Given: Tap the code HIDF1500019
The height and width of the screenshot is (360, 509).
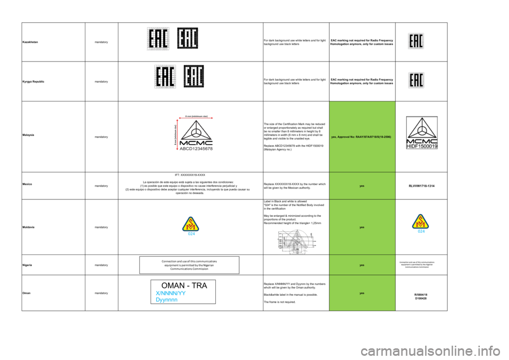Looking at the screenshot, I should pyautogui.click(x=422, y=146).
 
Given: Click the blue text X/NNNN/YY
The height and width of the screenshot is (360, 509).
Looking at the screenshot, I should pyautogui.click(x=171, y=293).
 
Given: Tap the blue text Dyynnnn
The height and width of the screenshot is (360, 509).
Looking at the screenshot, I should pyautogui.click(x=166, y=300).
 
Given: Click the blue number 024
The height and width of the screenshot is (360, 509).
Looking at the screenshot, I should pyautogui.click(x=422, y=232).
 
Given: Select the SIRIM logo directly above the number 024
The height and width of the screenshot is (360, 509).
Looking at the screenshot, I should pyautogui.click(x=422, y=221).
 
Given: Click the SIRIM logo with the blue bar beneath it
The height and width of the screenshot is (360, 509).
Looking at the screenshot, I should pyautogui.click(x=191, y=224).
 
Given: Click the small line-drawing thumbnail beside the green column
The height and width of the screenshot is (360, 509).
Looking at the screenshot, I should pyautogui.click(x=297, y=241).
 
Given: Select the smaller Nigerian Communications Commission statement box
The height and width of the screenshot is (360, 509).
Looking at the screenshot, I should pyautogui.click(x=417, y=265).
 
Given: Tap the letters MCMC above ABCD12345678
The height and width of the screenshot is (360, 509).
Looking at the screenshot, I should pyautogui.click(x=194, y=142).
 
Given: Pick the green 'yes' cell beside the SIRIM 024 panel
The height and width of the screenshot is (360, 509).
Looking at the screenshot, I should pyautogui.click(x=362, y=227).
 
